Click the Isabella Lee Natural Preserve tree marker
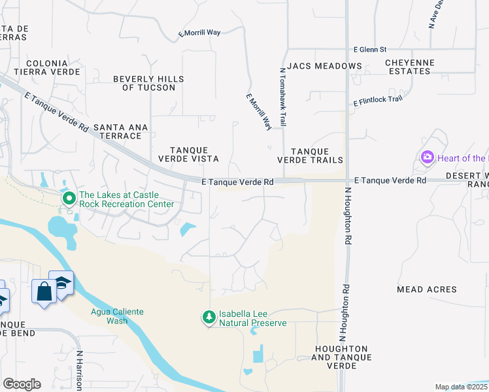point(209,318)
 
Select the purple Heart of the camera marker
point(428,157)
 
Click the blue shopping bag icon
point(44,291)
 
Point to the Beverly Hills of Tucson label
point(148,83)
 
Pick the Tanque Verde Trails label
point(310,155)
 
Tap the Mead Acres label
point(426,289)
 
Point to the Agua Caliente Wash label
point(117,316)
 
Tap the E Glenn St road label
point(370,49)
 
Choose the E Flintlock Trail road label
point(378,101)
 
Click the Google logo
point(22,384)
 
